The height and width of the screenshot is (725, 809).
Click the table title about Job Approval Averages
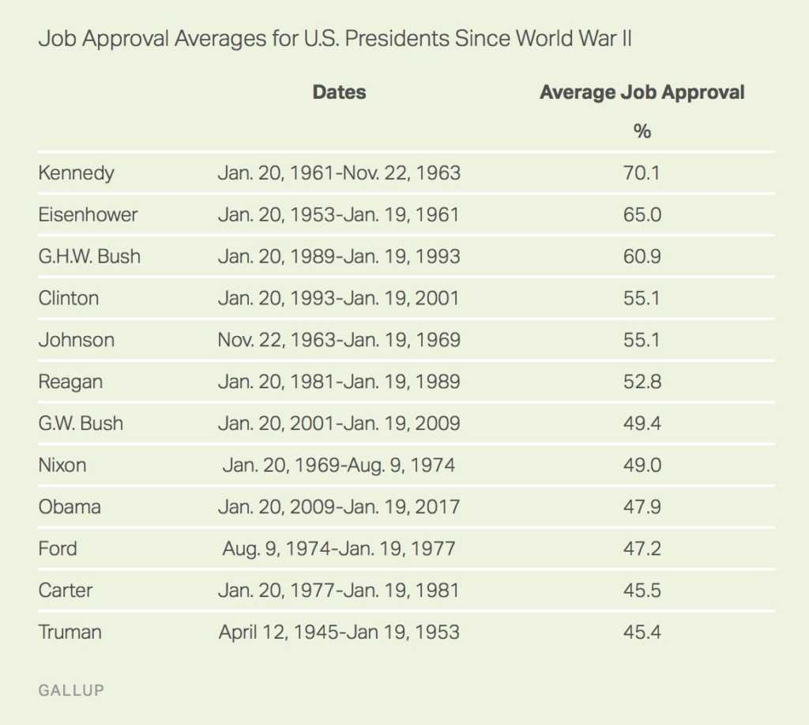click(334, 40)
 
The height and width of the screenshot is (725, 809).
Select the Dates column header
click(339, 93)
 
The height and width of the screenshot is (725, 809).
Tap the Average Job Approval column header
click(642, 93)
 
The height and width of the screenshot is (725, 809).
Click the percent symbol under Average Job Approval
click(642, 131)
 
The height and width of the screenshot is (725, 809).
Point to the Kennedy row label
click(76, 173)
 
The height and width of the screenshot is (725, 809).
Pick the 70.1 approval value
click(642, 173)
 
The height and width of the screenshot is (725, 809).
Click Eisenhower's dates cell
click(339, 215)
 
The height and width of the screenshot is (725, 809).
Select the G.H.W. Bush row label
click(89, 256)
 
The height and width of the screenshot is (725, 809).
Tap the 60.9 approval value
click(642, 256)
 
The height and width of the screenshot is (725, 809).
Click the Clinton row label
click(69, 298)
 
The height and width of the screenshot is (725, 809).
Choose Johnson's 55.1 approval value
click(642, 340)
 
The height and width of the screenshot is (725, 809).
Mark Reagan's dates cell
click(339, 382)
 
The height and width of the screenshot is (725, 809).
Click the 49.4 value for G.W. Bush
click(642, 423)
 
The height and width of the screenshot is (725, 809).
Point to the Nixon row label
click(62, 465)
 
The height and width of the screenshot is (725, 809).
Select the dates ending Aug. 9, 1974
click(339, 465)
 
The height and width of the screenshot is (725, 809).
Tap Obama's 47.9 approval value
click(642, 507)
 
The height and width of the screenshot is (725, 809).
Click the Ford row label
click(58, 549)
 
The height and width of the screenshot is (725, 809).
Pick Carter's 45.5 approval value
click(642, 590)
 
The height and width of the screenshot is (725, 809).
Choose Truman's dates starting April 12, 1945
click(339, 632)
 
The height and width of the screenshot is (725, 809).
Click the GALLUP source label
click(71, 690)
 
